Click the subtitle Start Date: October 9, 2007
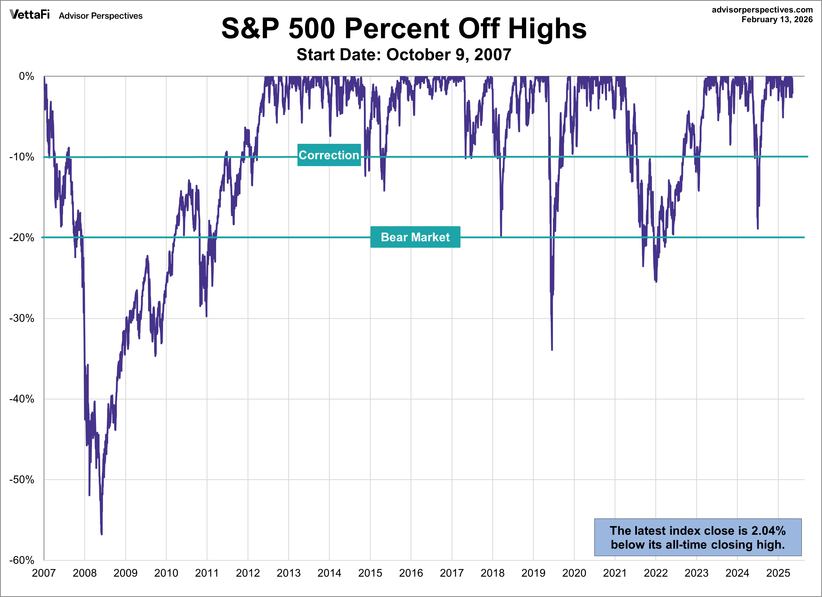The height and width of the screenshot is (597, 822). [x=404, y=55]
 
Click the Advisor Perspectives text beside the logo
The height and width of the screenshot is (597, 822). [x=101, y=16]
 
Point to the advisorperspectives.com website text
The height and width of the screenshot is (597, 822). [x=762, y=10]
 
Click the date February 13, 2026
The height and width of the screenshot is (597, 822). [x=777, y=20]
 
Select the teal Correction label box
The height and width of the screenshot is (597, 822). [x=329, y=155]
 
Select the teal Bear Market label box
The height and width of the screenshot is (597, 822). [x=415, y=237]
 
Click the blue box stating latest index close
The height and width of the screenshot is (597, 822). [x=697, y=537]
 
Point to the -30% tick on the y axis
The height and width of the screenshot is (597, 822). [x=22, y=318]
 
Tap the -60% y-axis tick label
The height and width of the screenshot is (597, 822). [x=22, y=561]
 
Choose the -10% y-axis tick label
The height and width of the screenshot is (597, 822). [x=22, y=157]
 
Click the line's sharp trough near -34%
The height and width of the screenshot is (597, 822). [x=552, y=350]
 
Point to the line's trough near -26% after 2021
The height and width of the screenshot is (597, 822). [x=656, y=281]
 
